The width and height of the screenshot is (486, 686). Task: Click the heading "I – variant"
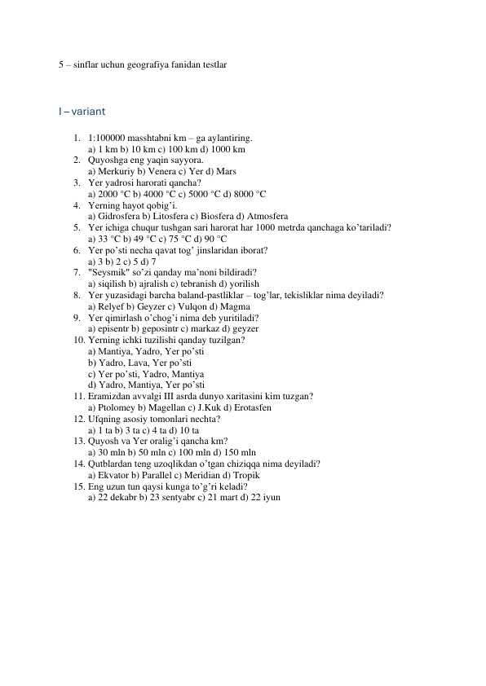point(81,111)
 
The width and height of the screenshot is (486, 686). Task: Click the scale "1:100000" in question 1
point(107,139)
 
